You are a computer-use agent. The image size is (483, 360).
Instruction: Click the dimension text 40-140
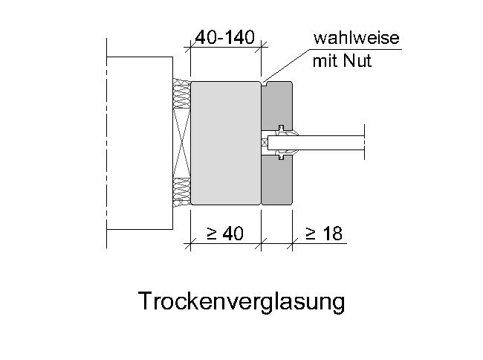click(225, 37)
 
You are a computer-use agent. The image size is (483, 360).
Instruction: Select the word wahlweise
click(357, 38)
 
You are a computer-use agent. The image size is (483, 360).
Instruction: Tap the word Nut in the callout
click(357, 60)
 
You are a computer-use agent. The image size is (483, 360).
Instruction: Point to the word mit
click(325, 61)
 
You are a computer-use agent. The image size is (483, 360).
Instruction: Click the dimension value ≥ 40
click(225, 234)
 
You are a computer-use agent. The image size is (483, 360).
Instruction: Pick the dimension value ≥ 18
click(324, 234)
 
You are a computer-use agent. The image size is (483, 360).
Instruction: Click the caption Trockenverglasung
click(241, 302)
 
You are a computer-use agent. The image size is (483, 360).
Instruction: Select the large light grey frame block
click(226, 143)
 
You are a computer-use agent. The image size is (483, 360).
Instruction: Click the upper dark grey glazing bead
click(276, 106)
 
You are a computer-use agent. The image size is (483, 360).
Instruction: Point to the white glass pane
click(316, 143)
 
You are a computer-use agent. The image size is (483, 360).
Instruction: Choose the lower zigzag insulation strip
click(182, 193)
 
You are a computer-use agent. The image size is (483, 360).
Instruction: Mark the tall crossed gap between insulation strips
click(182, 143)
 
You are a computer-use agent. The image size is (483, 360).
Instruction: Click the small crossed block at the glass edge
click(265, 143)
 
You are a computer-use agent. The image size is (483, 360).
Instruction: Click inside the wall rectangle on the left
click(140, 143)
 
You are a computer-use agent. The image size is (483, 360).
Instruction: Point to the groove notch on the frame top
click(265, 83)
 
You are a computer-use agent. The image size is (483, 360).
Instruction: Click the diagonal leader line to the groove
click(286, 65)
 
